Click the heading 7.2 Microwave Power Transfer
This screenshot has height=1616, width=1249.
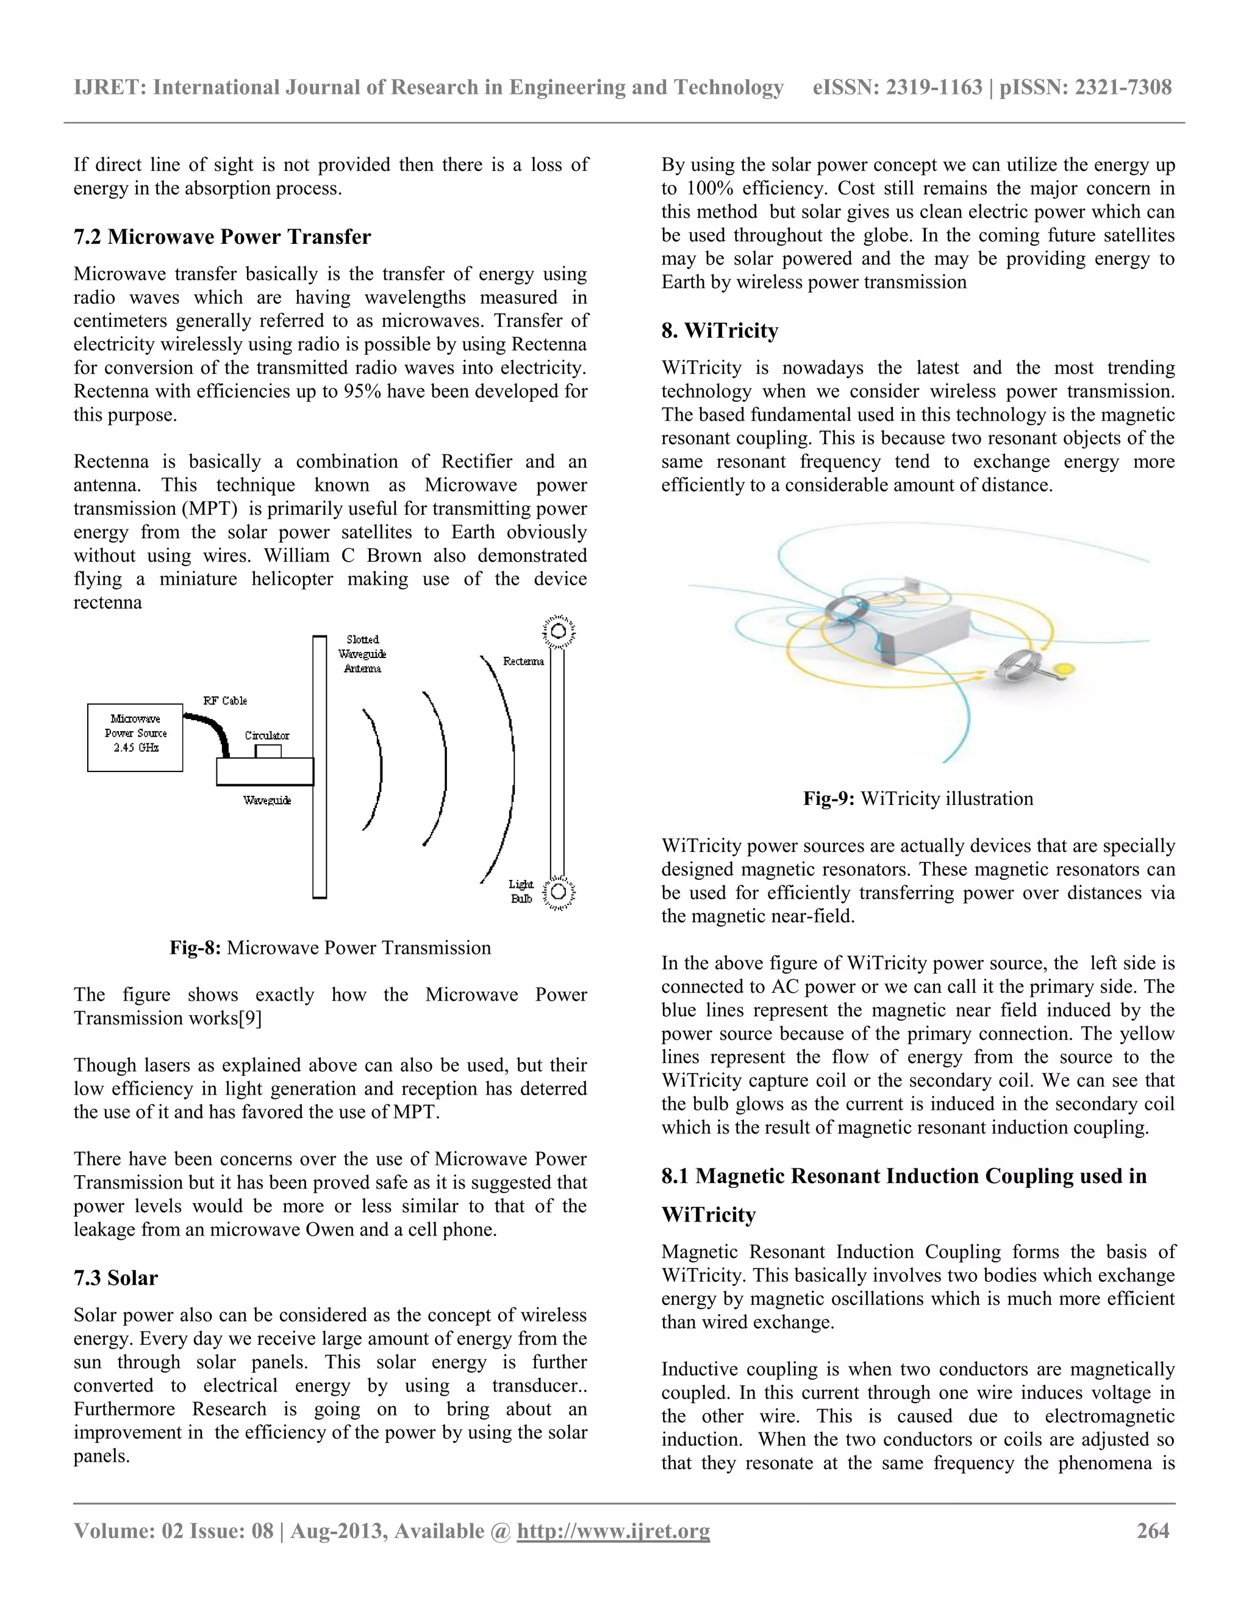click(x=222, y=237)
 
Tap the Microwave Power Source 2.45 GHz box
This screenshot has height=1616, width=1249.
click(x=135, y=737)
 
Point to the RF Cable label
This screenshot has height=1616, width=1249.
click(x=225, y=700)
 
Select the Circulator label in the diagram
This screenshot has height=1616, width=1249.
click(x=267, y=735)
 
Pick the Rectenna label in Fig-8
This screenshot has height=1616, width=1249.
click(x=523, y=661)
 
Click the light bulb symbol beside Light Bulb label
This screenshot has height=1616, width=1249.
click(x=559, y=892)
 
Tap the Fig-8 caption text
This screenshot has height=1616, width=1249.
click(x=330, y=948)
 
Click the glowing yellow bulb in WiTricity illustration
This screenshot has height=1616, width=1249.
click(x=1064, y=670)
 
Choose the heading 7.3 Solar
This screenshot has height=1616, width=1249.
click(x=115, y=1278)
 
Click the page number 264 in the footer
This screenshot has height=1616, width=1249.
click(x=1152, y=1530)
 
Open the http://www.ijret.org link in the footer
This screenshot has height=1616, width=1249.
click(x=613, y=1530)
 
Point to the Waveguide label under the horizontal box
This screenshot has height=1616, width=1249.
click(x=267, y=800)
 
